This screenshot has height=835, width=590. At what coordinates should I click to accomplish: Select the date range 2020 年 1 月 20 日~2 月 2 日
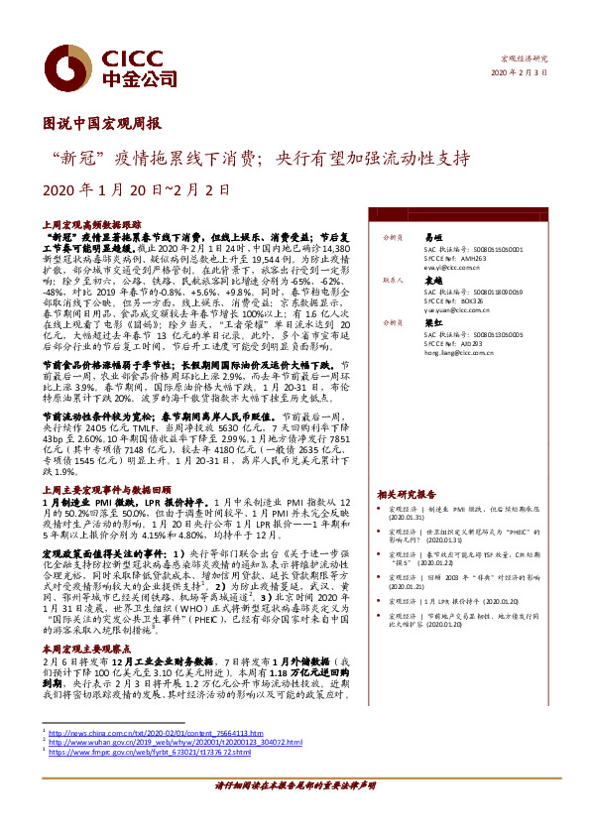[137, 188]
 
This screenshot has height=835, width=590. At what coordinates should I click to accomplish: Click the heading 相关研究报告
[407, 493]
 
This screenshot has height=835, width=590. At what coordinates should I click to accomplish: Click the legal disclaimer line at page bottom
[295, 783]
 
